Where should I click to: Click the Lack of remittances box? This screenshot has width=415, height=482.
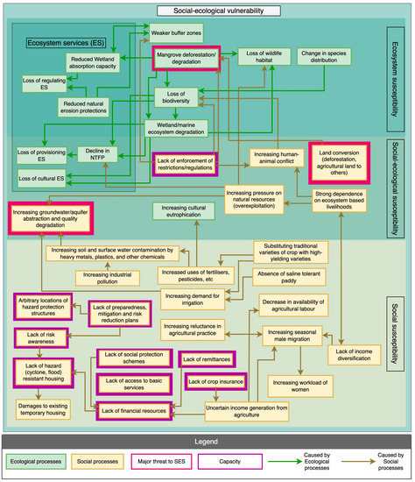coord(210,358)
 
